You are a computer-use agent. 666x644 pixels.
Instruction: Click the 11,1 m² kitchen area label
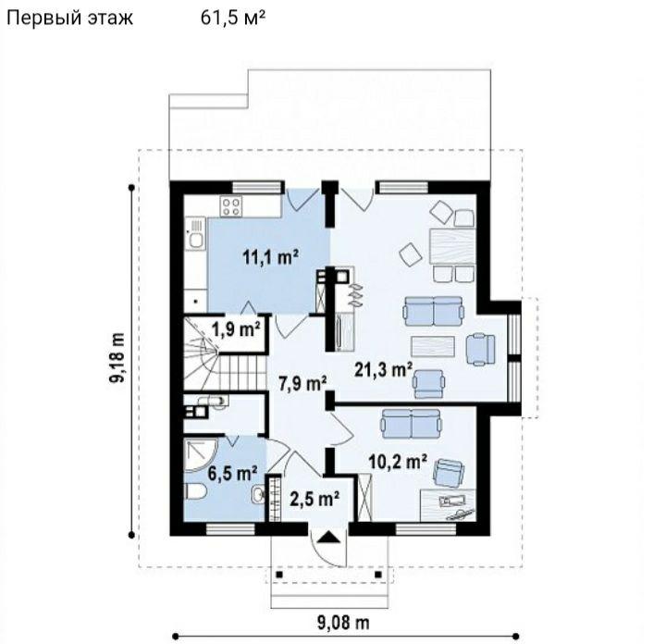(270, 257)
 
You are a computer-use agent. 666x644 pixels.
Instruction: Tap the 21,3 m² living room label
(384, 370)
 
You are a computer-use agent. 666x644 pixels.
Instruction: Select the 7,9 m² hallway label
(302, 384)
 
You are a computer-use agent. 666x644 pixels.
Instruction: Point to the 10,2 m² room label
(398, 463)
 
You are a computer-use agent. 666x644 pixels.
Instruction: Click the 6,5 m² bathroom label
(232, 473)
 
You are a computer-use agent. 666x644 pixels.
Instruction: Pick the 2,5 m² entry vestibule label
(314, 499)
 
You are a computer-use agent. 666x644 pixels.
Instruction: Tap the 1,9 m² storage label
(236, 329)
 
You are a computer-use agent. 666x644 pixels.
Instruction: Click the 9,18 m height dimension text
(117, 358)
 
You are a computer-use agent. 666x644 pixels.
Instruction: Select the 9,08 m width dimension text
(343, 624)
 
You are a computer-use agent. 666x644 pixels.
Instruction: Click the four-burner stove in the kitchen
(231, 207)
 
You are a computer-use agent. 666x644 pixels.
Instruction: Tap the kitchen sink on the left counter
(196, 233)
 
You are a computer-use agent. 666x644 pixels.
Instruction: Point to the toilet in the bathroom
(196, 492)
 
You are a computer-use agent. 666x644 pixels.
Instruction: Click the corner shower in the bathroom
(201, 455)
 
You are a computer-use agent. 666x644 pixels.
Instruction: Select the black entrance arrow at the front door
(328, 538)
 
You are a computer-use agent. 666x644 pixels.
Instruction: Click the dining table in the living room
(452, 246)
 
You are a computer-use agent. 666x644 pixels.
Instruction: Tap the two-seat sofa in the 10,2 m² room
(412, 424)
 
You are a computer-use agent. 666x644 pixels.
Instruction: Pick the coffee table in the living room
(433, 345)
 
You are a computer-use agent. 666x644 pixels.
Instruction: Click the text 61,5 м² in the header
(233, 19)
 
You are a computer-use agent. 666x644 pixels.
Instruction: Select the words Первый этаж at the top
(70, 19)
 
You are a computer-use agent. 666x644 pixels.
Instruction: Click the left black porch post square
(279, 575)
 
